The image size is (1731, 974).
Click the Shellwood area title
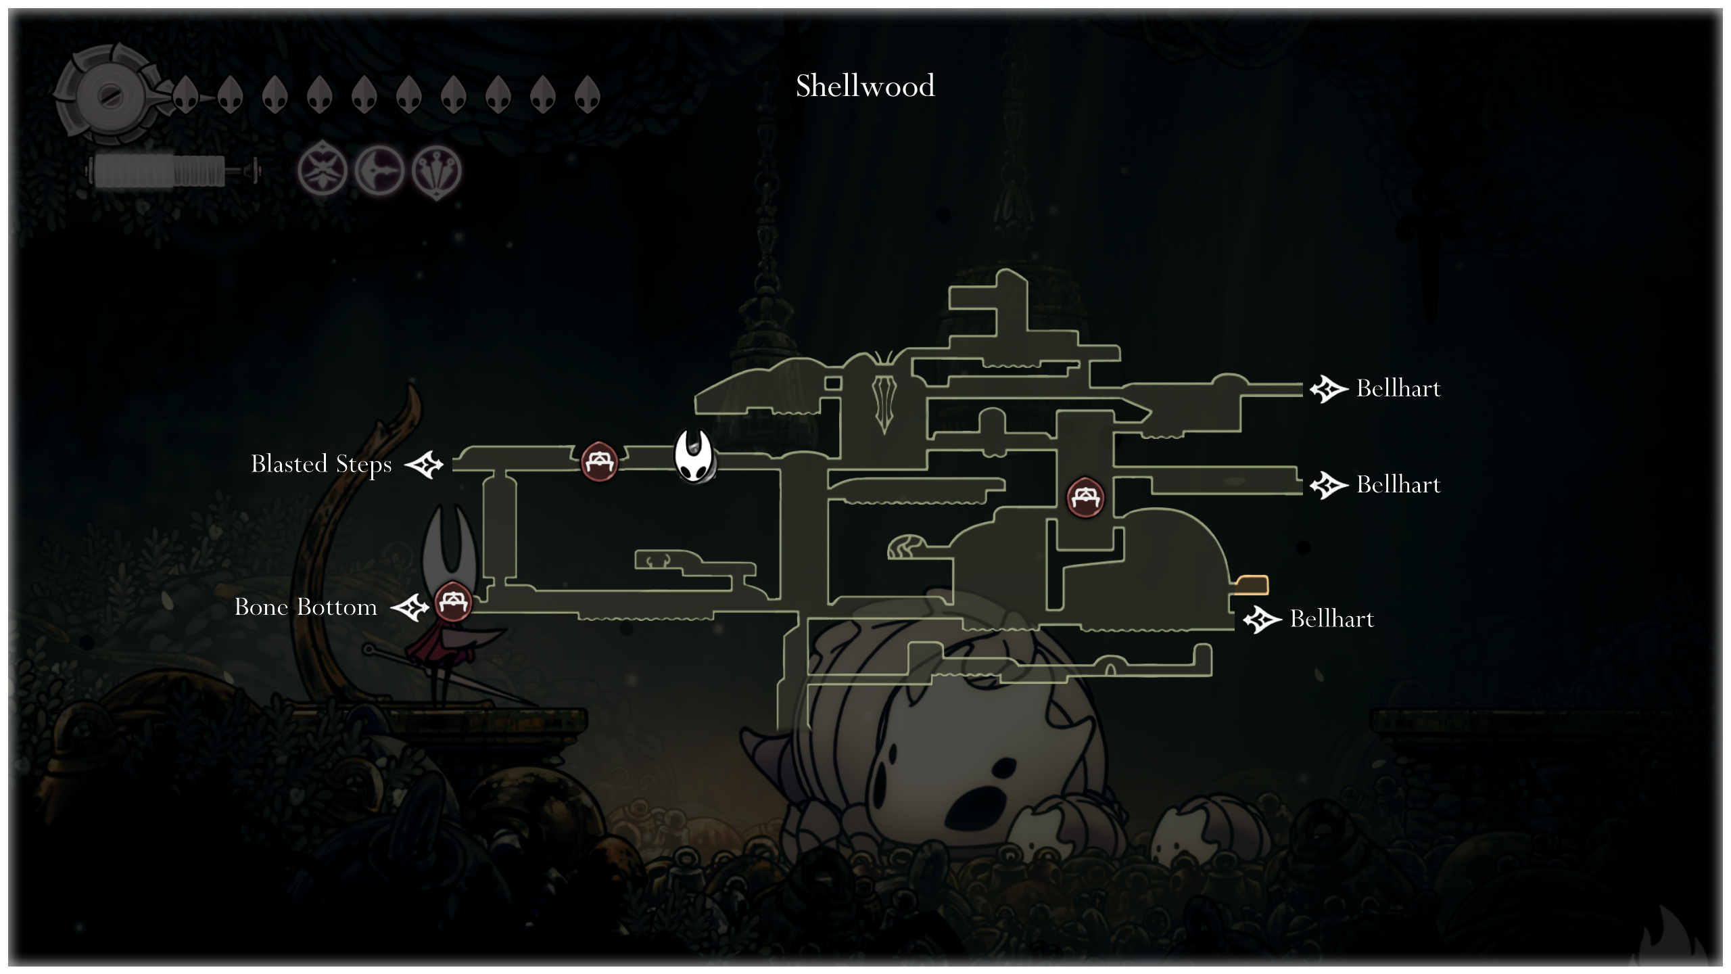tap(865, 87)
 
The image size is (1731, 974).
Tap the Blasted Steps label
tap(321, 465)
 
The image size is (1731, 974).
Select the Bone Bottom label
tap(306, 607)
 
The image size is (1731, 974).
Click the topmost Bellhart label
tap(1398, 389)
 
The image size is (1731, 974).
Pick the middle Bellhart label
tap(1398, 485)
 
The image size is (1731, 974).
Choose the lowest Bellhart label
tap(1331, 620)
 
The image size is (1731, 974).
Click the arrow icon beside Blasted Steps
tap(424, 465)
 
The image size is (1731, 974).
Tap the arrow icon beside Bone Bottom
tap(410, 608)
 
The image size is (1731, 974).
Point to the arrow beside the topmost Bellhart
tap(1329, 390)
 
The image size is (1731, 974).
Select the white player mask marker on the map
tap(694, 457)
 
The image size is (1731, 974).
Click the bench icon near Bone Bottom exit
tap(452, 601)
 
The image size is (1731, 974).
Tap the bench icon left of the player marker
tap(599, 461)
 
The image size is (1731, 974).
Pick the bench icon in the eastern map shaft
tap(1085, 497)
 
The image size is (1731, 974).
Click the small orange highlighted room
tap(1252, 584)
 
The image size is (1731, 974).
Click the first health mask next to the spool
tap(185, 94)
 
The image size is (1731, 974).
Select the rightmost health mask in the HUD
tap(587, 94)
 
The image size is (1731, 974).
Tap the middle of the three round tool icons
tap(379, 171)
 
